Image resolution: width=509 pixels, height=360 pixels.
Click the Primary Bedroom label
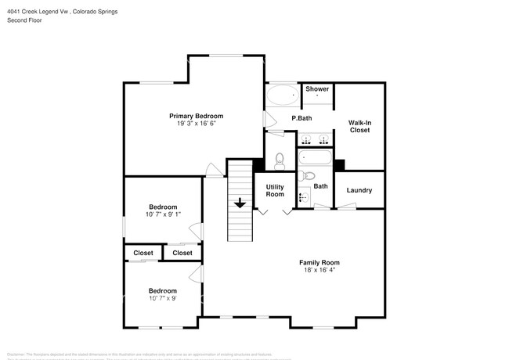coord(190,116)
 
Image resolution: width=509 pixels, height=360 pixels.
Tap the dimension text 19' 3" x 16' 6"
coord(190,124)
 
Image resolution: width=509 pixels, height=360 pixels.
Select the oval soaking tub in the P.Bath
coord(282,96)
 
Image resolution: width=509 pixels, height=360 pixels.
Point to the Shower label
coord(316,89)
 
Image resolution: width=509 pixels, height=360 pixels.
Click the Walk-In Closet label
coord(359,126)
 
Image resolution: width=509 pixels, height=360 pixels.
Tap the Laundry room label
coord(359,190)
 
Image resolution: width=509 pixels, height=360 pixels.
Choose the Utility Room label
coord(275,190)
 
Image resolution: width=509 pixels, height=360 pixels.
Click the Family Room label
coord(319,262)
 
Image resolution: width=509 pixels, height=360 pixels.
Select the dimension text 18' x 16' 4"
coord(319,270)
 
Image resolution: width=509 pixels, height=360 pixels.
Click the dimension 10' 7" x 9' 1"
coord(163,214)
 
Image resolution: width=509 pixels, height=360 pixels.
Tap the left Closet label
coord(143,253)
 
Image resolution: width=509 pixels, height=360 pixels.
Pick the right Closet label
coord(182,253)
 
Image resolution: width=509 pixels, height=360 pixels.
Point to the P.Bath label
coord(301,118)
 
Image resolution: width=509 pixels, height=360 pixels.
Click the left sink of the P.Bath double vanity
coord(306,141)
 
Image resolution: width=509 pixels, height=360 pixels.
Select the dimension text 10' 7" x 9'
coord(163,298)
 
